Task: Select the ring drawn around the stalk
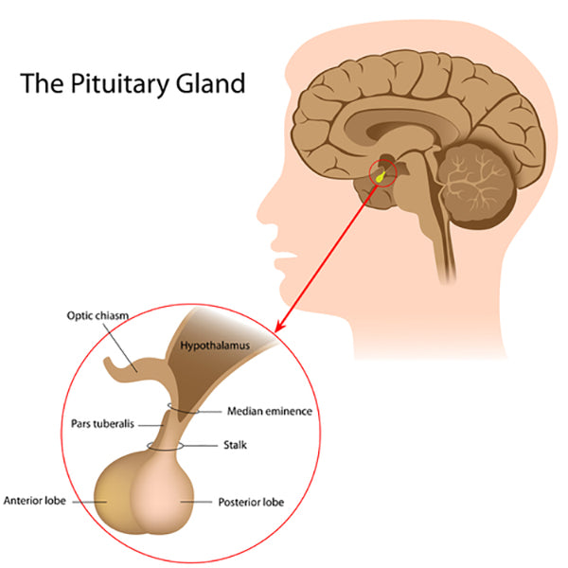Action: click(x=166, y=444)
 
